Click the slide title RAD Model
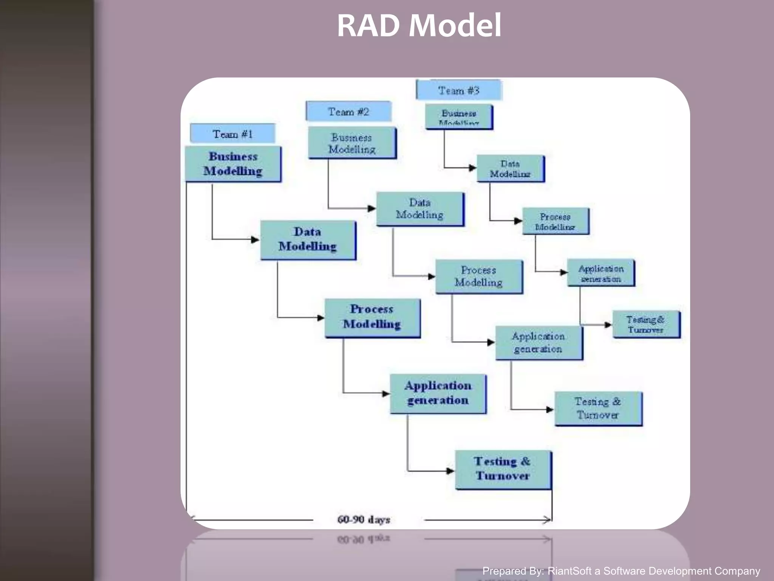point(419,26)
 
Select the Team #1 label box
point(232,134)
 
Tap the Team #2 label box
point(348,112)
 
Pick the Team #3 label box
point(458,90)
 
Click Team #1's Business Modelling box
point(233,164)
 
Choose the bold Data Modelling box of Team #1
point(308,239)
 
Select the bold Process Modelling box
point(372,317)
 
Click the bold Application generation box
point(438,393)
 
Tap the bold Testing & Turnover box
point(503,469)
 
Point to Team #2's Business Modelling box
point(352,143)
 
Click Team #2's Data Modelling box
point(420,209)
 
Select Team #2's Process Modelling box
point(478,277)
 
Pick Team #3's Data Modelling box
point(510,169)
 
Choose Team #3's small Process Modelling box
point(555,221)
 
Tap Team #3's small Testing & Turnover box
point(646,325)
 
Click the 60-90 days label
point(364,520)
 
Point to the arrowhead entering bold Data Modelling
point(255,239)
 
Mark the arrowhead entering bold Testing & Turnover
point(450,471)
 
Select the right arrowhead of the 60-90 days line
point(548,520)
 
